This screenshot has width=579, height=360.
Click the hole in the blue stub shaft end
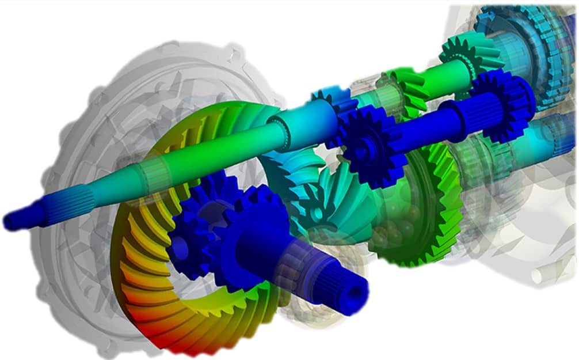[358, 294]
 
